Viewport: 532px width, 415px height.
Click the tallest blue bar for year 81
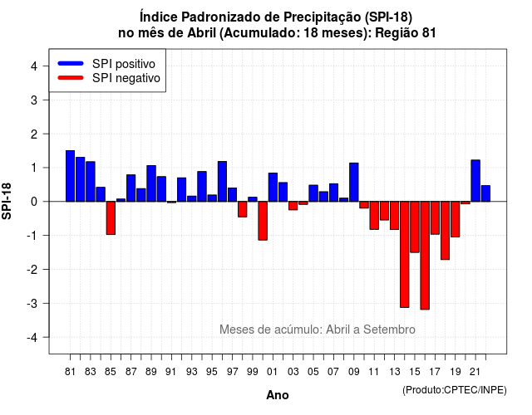point(70,176)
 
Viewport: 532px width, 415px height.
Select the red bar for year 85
point(111,217)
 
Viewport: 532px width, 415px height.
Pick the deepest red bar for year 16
point(425,256)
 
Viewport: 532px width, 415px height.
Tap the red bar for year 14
point(405,255)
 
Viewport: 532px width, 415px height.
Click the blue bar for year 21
point(475,181)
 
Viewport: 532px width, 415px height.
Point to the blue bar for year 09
point(354,183)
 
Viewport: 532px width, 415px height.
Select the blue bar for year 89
point(151,183)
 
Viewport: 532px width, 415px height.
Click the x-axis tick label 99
point(253,372)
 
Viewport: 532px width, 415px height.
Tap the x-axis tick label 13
point(394,372)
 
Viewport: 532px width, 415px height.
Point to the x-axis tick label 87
point(131,372)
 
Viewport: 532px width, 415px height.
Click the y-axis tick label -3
point(32,304)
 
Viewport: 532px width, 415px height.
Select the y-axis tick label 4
point(34,66)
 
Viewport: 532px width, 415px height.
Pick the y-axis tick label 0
point(34,202)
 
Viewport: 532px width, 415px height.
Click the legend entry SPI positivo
point(124,64)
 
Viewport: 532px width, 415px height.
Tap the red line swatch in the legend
point(71,78)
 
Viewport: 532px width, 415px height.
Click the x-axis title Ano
point(278,395)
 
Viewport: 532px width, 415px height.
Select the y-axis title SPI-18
point(7,201)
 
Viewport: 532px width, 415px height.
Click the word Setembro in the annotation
point(389,330)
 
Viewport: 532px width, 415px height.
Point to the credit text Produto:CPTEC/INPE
point(455,390)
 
